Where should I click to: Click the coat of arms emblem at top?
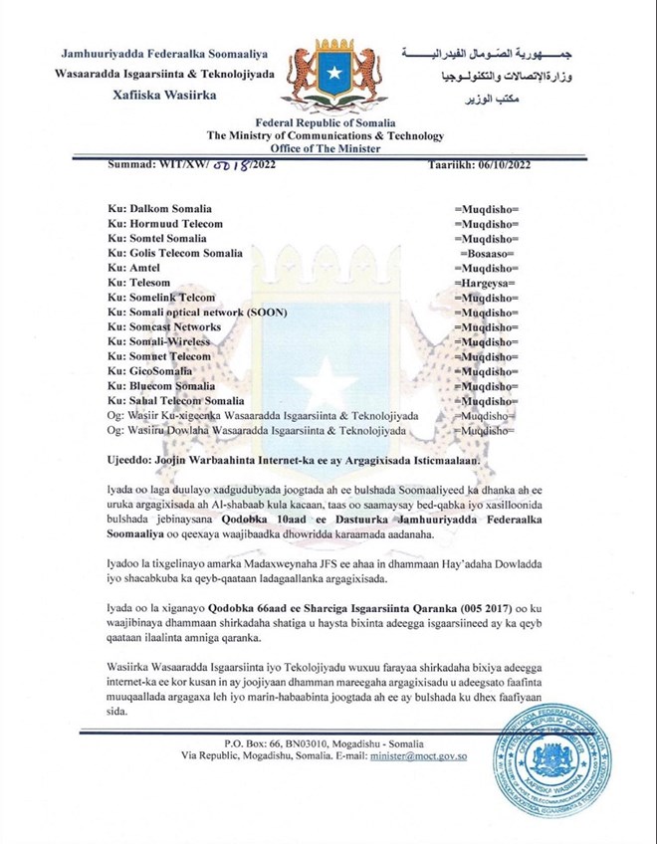point(328,72)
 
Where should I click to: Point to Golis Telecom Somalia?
point(178,254)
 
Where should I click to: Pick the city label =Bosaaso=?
point(487,254)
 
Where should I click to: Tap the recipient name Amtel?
point(142,269)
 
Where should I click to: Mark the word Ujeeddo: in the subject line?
point(132,460)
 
